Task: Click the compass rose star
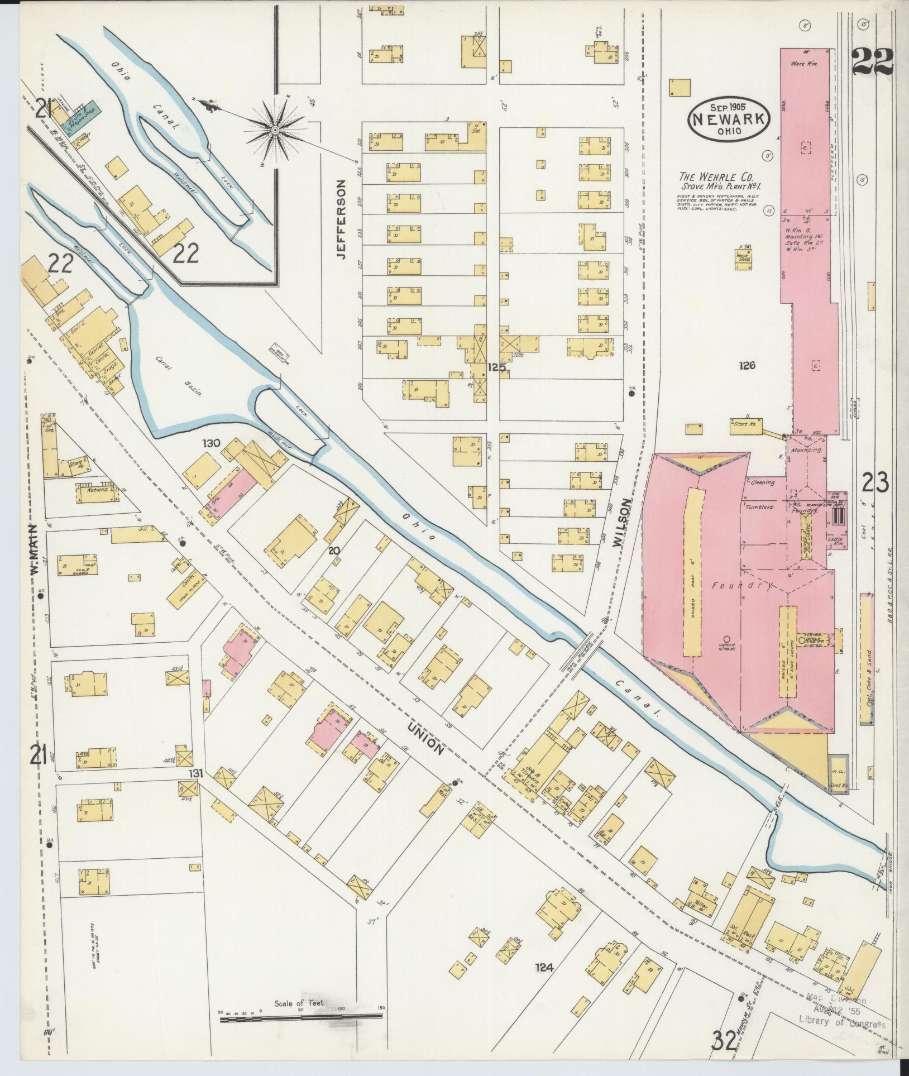pos(275,130)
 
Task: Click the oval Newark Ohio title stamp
pos(729,118)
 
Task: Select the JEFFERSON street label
pos(341,219)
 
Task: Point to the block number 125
pos(495,367)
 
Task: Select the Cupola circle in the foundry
pos(726,638)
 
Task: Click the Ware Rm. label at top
pos(804,64)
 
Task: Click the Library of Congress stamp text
pos(843,1024)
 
